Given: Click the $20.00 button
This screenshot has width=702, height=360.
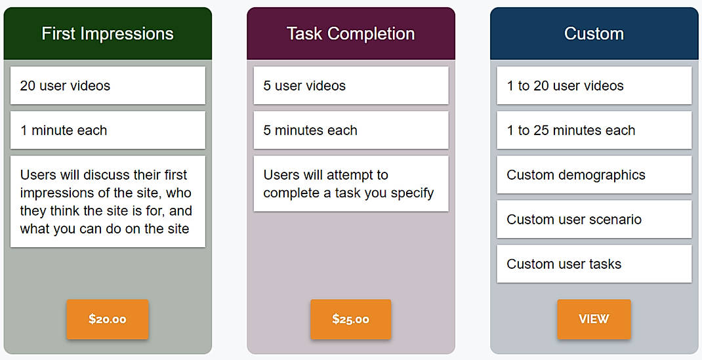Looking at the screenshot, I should [x=108, y=319].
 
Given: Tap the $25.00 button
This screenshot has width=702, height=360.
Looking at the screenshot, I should [x=350, y=319].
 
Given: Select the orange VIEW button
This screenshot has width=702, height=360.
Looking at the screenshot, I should [x=594, y=319].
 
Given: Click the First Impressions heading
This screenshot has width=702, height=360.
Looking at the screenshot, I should [x=108, y=33].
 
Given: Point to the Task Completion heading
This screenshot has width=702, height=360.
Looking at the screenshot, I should [x=350, y=33].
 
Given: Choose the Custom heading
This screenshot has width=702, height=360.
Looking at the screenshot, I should [x=594, y=33].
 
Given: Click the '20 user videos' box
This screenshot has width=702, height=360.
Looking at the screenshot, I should [x=108, y=85].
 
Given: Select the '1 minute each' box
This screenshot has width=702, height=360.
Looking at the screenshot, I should [x=108, y=130].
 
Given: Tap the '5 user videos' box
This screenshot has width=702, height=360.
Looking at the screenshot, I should [x=350, y=85].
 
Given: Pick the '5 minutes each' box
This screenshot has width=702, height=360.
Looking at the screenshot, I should [x=350, y=130].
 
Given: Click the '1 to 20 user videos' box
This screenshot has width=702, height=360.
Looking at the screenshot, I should [x=594, y=85].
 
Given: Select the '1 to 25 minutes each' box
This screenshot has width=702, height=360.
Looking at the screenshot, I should [x=594, y=130].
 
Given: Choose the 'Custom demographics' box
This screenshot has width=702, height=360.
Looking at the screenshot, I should [x=594, y=174].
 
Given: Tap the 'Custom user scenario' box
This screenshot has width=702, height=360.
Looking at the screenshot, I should [x=594, y=219].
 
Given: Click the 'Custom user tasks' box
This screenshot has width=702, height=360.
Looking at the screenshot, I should [x=594, y=264].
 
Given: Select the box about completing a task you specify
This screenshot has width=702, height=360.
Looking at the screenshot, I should [x=350, y=184].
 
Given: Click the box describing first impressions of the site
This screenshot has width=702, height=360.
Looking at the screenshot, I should [x=108, y=201].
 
